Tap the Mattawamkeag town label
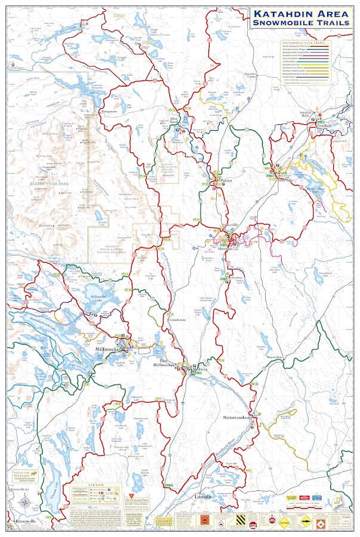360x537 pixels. pyautogui.click(x=244, y=417)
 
